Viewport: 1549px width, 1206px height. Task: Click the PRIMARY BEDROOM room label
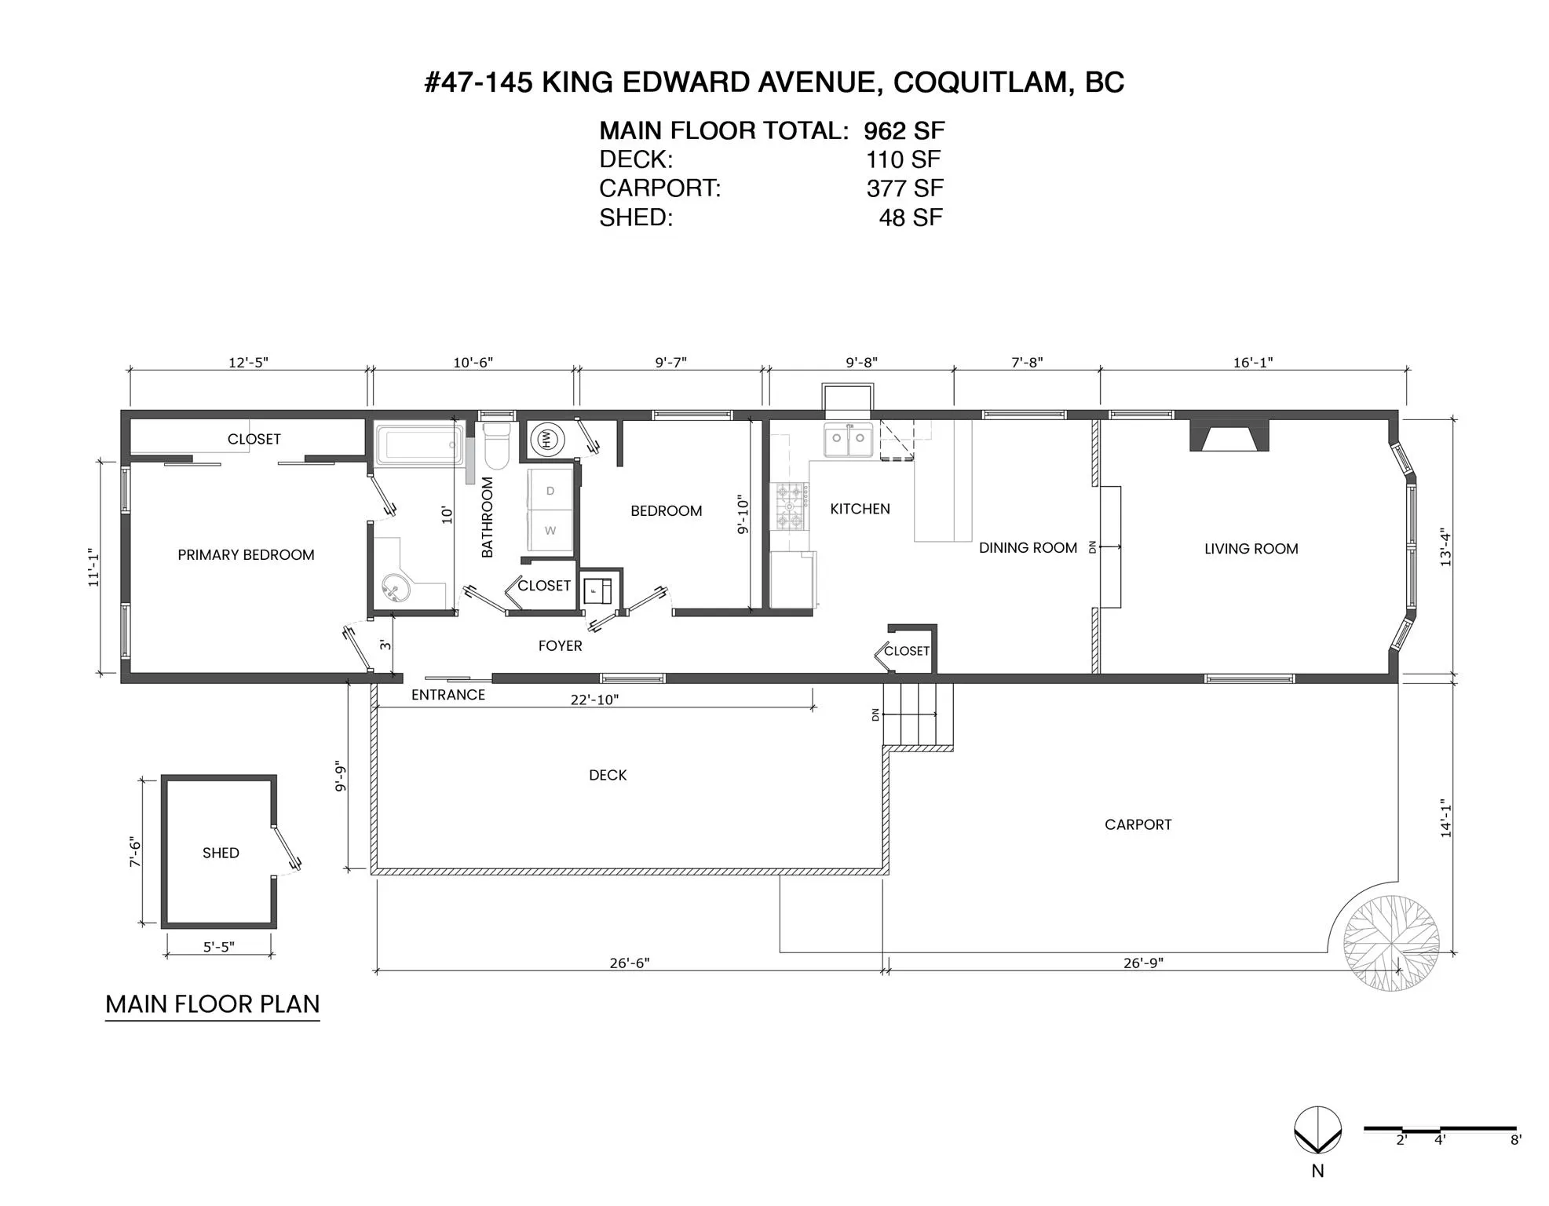click(246, 555)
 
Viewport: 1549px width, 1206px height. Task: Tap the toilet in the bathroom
click(496, 445)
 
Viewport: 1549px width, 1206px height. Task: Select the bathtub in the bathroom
click(419, 445)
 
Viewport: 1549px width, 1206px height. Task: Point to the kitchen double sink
click(848, 439)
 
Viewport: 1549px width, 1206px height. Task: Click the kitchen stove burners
click(791, 507)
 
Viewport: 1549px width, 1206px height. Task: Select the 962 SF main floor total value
click(904, 130)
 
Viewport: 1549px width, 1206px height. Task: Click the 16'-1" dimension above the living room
click(1253, 362)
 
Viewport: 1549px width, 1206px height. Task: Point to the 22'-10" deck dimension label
click(594, 700)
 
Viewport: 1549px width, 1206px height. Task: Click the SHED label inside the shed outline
click(221, 853)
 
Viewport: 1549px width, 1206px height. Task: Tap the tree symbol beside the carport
click(1391, 942)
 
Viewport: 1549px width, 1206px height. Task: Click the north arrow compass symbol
click(1317, 1131)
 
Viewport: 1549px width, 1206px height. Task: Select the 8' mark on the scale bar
click(1515, 1140)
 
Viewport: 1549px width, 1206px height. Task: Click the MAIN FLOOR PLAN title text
click(213, 1004)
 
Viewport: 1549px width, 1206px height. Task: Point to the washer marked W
click(550, 531)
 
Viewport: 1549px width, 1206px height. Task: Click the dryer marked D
click(550, 491)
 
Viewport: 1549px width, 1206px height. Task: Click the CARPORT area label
click(1138, 824)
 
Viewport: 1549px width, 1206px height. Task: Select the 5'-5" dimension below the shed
click(219, 947)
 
